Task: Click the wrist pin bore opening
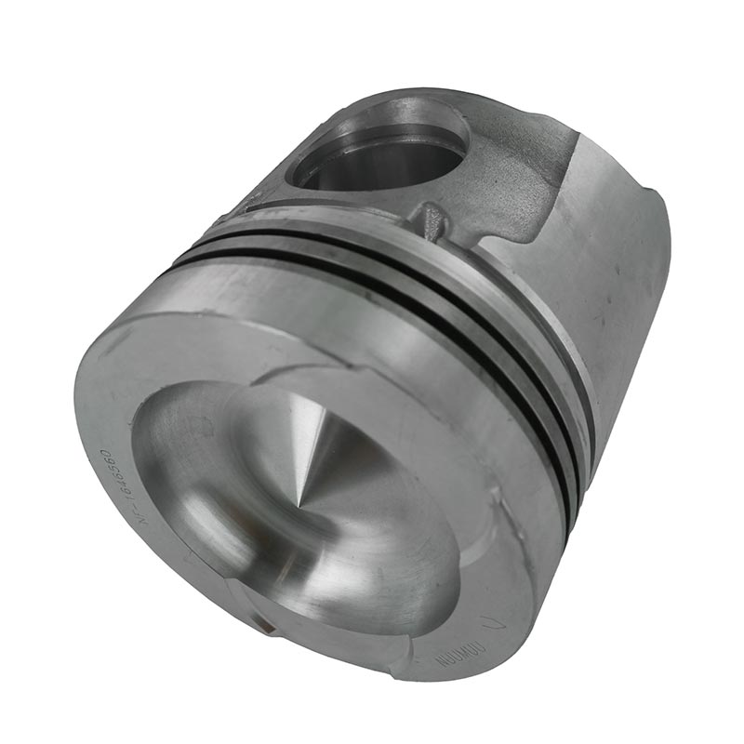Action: (x=381, y=153)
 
